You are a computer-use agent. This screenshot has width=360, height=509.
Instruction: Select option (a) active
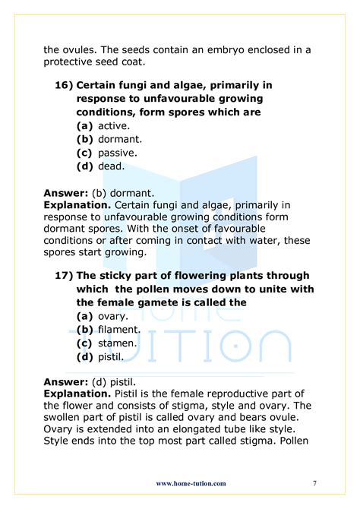tap(104, 125)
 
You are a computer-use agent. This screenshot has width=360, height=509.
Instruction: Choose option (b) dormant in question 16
tap(109, 139)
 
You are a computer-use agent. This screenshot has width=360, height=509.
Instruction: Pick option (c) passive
tap(107, 153)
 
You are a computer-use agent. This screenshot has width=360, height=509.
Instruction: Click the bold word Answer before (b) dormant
tap(64, 193)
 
